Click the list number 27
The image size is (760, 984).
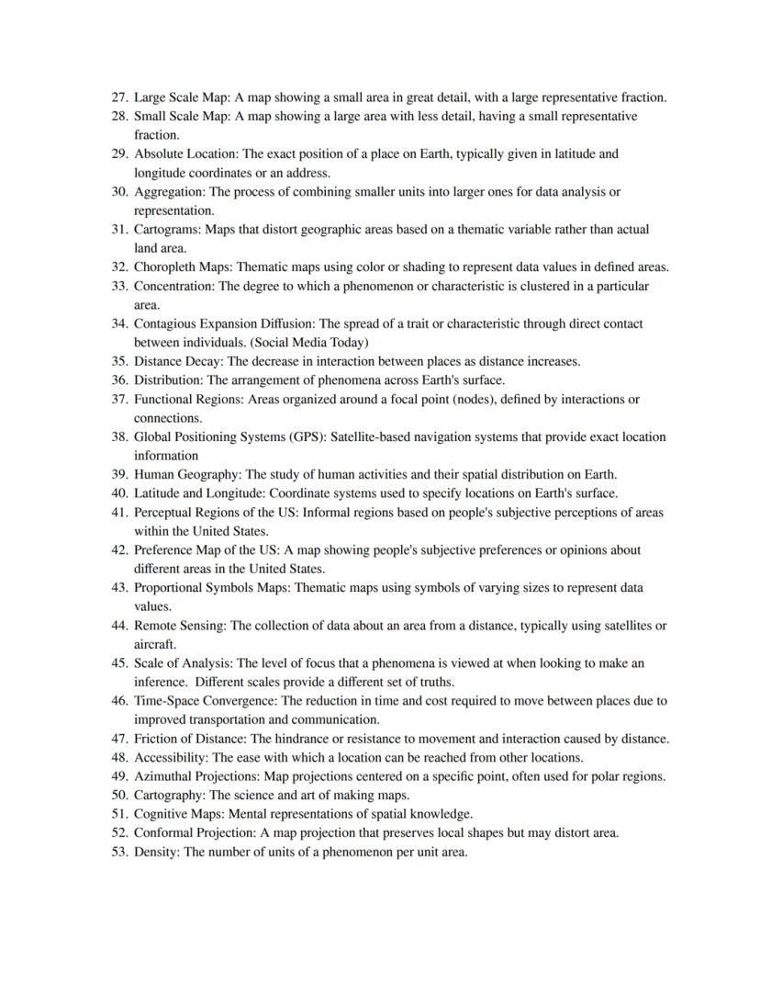coord(119,97)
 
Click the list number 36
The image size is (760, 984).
coord(119,380)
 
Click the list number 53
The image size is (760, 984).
coord(119,852)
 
